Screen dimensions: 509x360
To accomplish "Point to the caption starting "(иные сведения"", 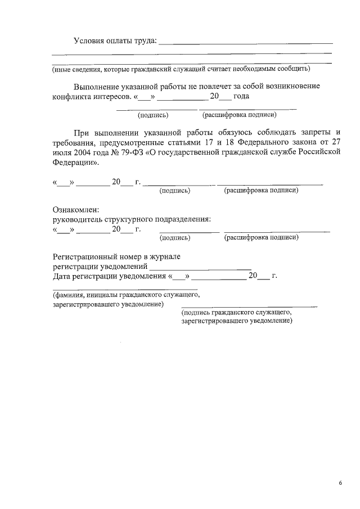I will pyautogui.click(x=181, y=69).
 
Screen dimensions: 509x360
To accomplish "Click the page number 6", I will pyautogui.click(x=340, y=483).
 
